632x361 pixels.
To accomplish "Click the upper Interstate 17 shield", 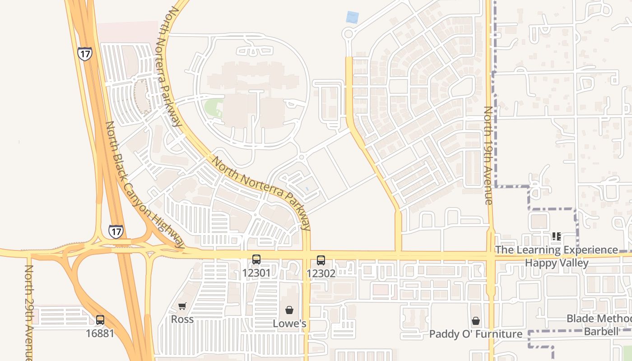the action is point(84,53).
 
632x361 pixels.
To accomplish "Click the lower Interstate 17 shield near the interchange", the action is point(116,231).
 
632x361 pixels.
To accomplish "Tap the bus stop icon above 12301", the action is point(256,259).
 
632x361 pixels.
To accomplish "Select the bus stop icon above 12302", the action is point(321,260).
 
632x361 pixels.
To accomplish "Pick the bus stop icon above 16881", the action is point(100,320).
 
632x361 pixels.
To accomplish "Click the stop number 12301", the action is point(256,273).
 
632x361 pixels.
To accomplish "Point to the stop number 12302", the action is point(321,273).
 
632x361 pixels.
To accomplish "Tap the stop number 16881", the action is point(100,333).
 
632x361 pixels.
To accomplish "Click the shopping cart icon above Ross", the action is point(182,306).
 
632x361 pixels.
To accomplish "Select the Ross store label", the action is point(182,319).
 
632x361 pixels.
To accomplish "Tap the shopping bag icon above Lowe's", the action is point(289,310).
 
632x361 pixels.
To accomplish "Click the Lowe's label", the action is point(290,324).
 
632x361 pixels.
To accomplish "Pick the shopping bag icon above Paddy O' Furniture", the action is point(476,321).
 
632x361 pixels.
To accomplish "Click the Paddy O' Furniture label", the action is point(476,334).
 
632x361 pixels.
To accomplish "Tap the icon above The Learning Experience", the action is point(557,236).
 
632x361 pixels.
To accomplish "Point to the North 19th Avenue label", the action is point(488,156).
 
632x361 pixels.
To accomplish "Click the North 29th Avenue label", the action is point(29,311).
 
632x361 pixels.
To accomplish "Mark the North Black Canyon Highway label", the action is point(145,185).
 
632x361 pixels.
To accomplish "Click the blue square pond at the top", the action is point(352,18).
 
